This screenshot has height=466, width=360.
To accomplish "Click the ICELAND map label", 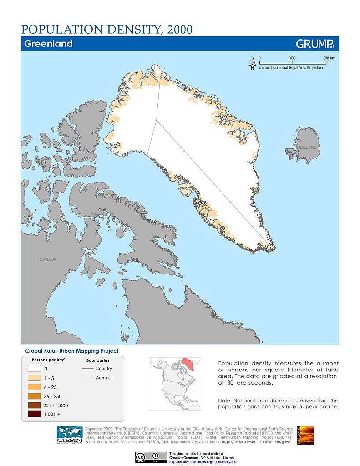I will pos(307,147).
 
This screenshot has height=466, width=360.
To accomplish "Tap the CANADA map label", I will pos(48,259).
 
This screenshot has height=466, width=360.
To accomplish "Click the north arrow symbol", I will pos(252,62).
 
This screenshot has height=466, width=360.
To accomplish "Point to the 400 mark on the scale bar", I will pos(293,58).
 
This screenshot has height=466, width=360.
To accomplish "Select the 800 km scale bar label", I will pos(329,58).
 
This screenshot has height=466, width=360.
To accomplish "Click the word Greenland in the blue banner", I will pos(48,44).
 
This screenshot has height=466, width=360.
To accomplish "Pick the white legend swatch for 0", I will pos(35,369).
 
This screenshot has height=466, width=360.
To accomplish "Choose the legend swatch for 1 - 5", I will pos(35,378).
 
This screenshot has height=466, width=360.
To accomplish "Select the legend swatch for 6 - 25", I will pos(35,387).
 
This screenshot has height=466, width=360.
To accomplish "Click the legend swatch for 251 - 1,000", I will pos(35,405).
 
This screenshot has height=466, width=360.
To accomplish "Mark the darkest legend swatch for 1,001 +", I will pos(35,414).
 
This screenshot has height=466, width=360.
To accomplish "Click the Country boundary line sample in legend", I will pos(91,369).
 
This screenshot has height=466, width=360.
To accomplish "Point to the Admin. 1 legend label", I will pos(104,378).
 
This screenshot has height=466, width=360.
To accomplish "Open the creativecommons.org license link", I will pos(203,461).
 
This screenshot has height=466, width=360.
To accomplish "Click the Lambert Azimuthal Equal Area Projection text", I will pos(291,67).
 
